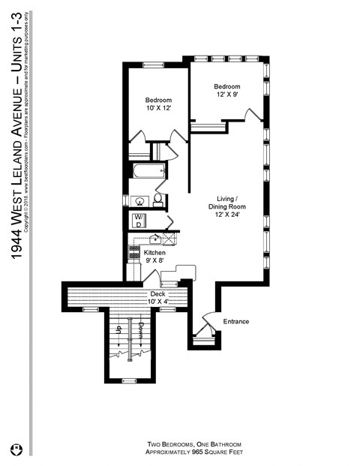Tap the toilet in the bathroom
click(x=158, y=200)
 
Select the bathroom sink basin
click(x=138, y=201)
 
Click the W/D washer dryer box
click(x=139, y=221)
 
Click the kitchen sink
click(x=154, y=239)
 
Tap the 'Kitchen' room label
click(x=144, y=254)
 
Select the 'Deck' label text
click(x=157, y=293)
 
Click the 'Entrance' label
click(x=235, y=322)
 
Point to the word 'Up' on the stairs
click(x=118, y=329)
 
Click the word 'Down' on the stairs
click(x=141, y=329)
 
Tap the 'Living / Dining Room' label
click(x=228, y=203)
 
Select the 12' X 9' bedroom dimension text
click(x=226, y=95)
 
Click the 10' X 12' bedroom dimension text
click(x=158, y=109)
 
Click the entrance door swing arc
click(x=209, y=318)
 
